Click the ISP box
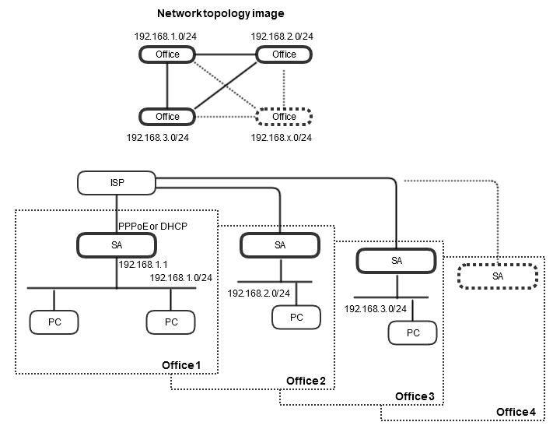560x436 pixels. pyautogui.click(x=117, y=184)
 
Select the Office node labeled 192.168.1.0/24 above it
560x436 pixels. pyautogui.click(x=167, y=54)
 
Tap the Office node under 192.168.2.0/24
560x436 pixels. pyautogui.click(x=284, y=54)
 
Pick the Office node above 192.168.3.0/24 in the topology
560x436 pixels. pyautogui.click(x=167, y=117)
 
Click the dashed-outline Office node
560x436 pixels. pyautogui.click(x=284, y=117)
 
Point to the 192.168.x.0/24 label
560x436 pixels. pyautogui.click(x=282, y=137)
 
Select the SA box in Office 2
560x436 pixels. pyautogui.click(x=279, y=244)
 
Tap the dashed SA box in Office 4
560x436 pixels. pyautogui.click(x=497, y=276)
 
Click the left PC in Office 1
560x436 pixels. pyautogui.click(x=54, y=321)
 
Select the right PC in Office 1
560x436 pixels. pyautogui.click(x=170, y=321)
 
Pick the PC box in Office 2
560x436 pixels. pyautogui.click(x=296, y=317)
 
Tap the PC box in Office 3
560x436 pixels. pyautogui.click(x=413, y=332)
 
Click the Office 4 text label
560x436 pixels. pyautogui.click(x=516, y=412)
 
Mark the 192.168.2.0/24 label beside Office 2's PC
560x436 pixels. pyautogui.click(x=259, y=294)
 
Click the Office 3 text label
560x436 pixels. pyautogui.click(x=415, y=396)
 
